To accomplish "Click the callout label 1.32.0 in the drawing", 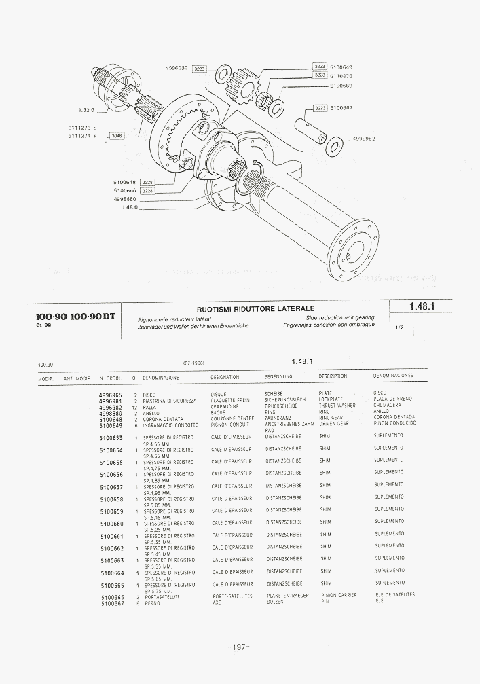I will pyautogui.click(x=86, y=110).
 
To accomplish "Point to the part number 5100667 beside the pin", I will pyautogui.click(x=341, y=107).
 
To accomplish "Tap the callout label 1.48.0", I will pyautogui.click(x=130, y=207).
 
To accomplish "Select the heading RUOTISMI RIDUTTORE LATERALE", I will pyautogui.click(x=255, y=309).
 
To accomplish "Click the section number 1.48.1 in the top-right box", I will pyautogui.click(x=422, y=307).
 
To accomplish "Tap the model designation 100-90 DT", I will pyautogui.click(x=93, y=317).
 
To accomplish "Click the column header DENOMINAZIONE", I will pyautogui.click(x=161, y=376).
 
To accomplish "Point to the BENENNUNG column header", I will pyautogui.click(x=278, y=376).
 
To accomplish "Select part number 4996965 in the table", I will pyautogui.click(x=111, y=394).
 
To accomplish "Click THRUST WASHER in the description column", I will pyautogui.click(x=337, y=406).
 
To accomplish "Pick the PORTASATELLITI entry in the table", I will pyautogui.click(x=162, y=596).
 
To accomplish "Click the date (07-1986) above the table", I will pyautogui.click(x=193, y=363).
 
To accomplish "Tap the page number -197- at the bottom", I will pyautogui.click(x=239, y=647).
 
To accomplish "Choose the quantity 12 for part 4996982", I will pyautogui.click(x=135, y=407).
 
